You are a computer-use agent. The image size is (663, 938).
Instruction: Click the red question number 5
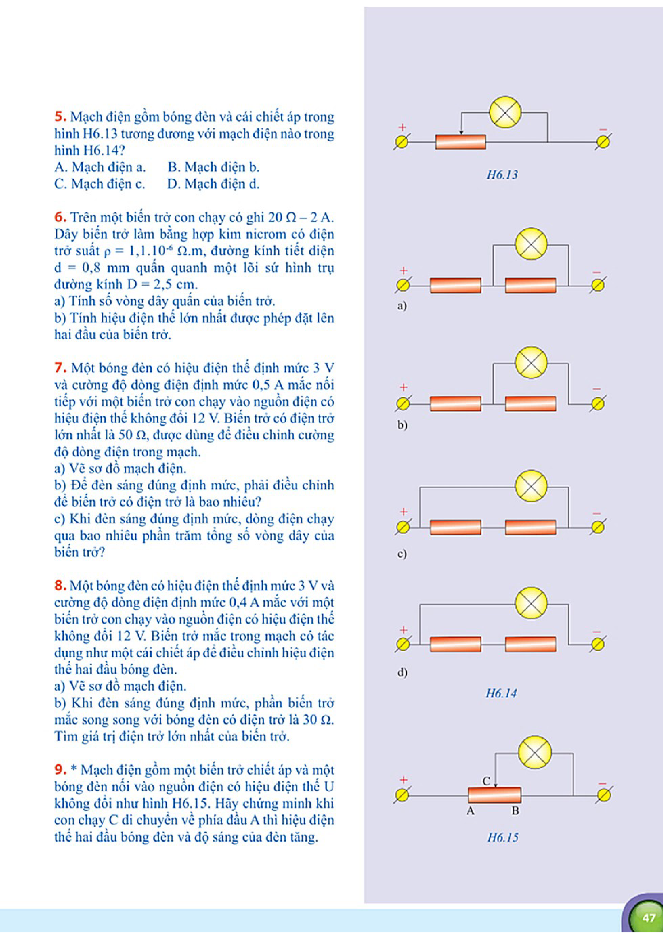point(60,117)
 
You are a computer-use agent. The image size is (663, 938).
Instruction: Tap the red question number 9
point(60,770)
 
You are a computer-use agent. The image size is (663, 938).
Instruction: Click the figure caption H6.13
point(502,175)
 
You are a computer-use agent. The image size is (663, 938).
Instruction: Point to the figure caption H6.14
point(501,693)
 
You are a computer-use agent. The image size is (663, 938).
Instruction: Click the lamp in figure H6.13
point(505,112)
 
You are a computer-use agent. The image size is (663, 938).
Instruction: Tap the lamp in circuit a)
point(531,244)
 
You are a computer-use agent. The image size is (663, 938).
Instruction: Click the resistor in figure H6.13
point(460,142)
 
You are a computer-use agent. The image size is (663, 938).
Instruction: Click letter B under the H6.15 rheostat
point(516,811)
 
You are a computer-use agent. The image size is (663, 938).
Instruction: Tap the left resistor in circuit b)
point(455,404)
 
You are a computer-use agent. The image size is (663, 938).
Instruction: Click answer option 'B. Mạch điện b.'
point(213,167)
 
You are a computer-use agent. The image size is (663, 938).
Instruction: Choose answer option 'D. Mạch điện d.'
point(213,184)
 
